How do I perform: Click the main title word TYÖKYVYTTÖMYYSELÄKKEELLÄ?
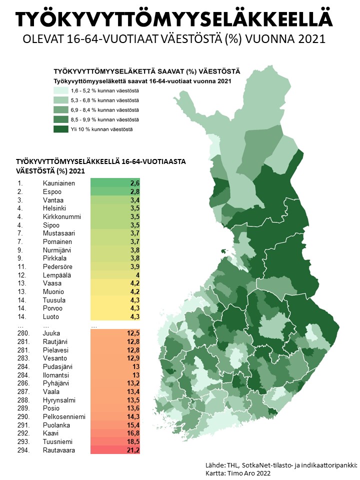coord(173,19)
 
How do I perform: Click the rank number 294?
coord(23,450)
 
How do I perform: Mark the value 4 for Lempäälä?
coord(137,275)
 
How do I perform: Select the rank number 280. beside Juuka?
coord(23,333)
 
